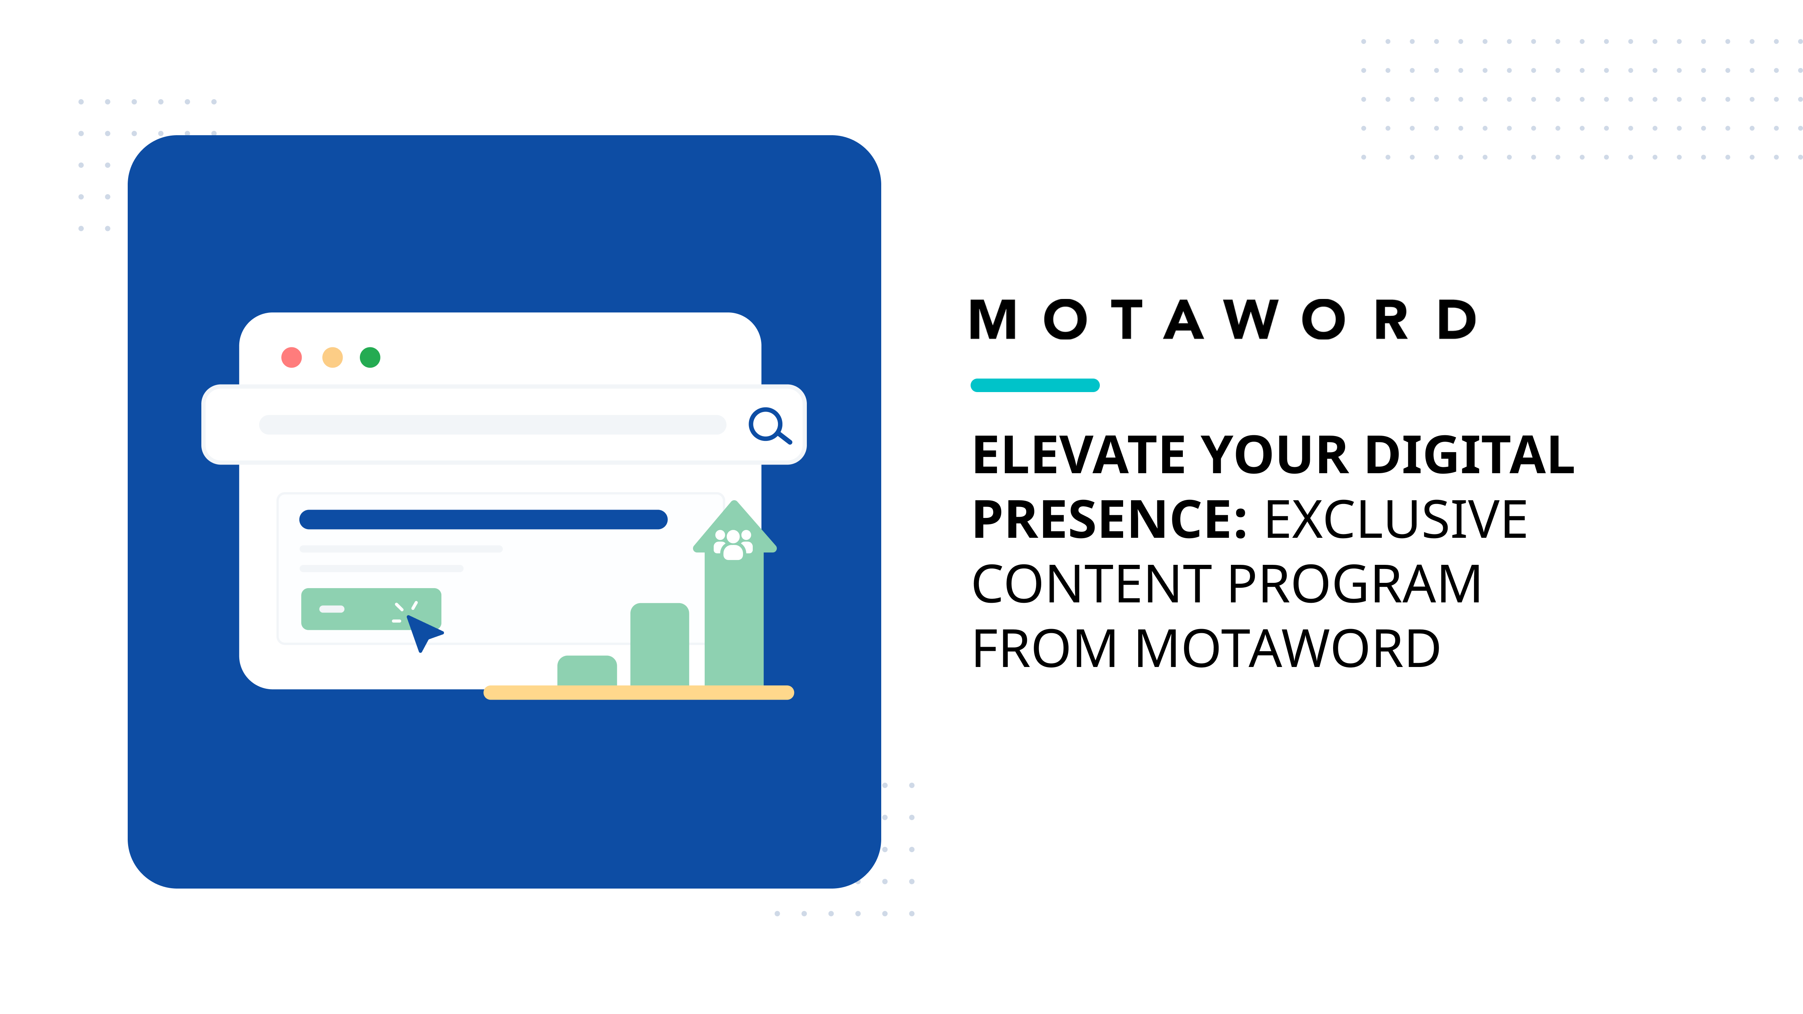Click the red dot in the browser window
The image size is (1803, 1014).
point(291,358)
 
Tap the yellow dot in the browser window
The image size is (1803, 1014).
point(332,358)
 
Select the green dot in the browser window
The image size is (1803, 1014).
point(370,358)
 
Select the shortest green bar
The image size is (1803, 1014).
point(586,670)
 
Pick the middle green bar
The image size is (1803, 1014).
point(659,644)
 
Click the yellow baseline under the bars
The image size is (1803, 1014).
point(638,693)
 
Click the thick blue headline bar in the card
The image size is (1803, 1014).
point(483,519)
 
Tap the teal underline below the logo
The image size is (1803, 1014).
point(1034,385)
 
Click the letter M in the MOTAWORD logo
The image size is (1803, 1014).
point(992,320)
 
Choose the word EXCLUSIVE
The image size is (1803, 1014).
point(1396,520)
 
